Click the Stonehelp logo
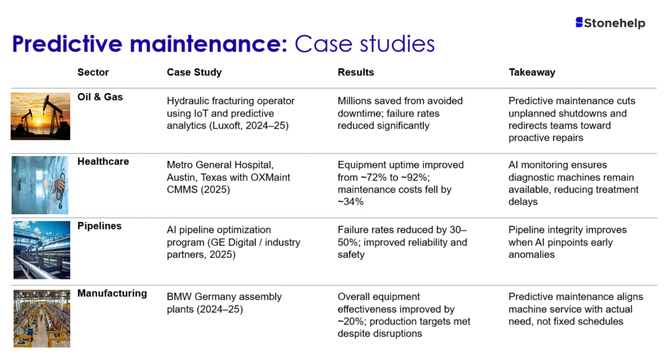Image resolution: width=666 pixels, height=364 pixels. coord(610,23)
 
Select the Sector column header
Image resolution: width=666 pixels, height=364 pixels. coord(93,72)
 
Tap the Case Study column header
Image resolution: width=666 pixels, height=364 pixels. coord(194,72)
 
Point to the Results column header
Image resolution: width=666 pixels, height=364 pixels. coord(356,72)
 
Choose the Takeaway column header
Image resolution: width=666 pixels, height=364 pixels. coord(532,72)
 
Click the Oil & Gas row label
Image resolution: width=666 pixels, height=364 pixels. coord(100,97)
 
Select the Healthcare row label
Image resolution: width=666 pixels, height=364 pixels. coord(103,161)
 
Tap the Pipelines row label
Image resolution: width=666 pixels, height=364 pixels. coord(100,226)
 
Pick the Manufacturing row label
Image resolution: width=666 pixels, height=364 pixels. coord(112,293)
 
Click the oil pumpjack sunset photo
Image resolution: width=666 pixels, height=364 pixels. coord(40,115)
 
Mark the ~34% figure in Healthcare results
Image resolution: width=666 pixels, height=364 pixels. coord(351,202)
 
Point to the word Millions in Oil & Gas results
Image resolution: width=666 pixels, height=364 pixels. coord(356,101)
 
